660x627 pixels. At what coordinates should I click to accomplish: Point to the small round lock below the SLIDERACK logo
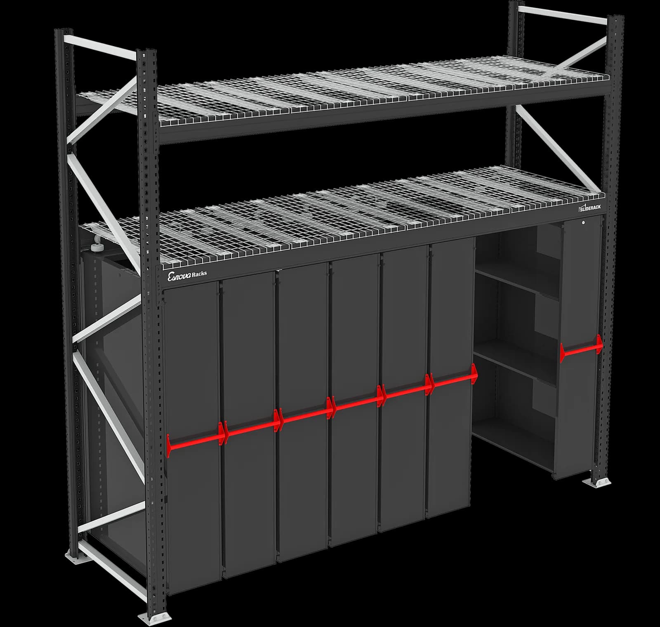pos(582,223)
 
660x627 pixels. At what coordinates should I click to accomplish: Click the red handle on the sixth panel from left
pos(454,382)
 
